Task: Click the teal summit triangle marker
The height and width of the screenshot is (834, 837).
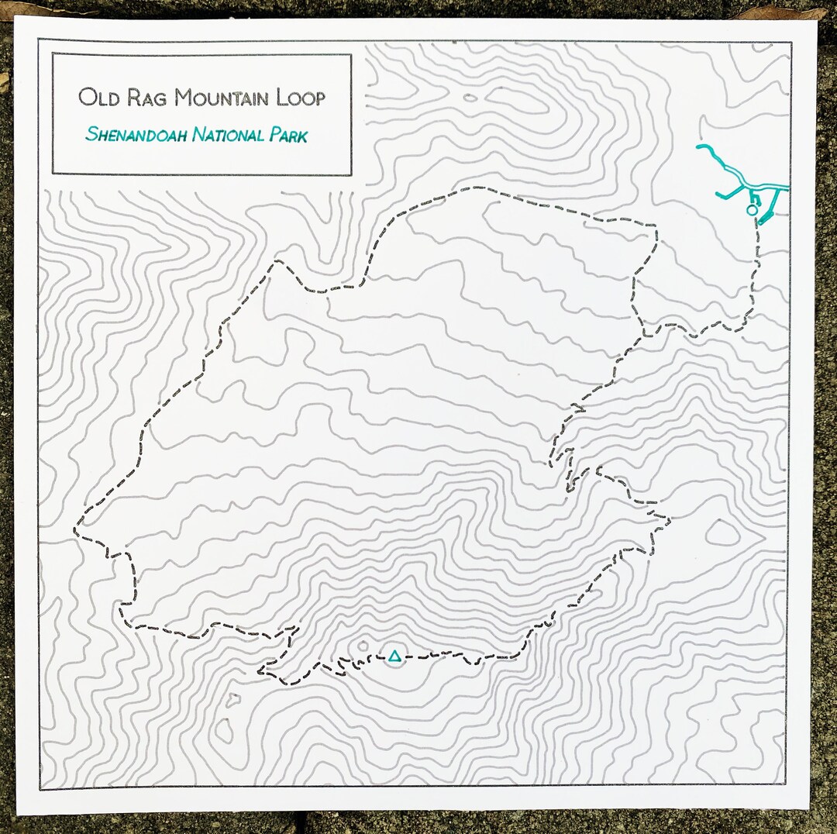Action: tap(394, 657)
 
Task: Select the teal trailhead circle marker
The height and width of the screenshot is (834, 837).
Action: tap(750, 209)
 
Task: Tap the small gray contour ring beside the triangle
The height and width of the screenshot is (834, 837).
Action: tap(363, 646)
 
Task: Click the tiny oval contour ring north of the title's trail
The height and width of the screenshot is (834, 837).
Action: tap(470, 98)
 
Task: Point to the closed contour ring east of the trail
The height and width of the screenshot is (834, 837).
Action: tap(722, 532)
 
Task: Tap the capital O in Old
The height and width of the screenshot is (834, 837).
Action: tap(86, 98)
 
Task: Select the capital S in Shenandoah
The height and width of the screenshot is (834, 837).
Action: tap(91, 135)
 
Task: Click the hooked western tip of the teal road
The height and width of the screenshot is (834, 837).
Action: tap(700, 146)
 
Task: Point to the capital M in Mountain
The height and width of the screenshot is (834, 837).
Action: tap(183, 98)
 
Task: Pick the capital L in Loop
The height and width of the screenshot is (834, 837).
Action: tap(280, 98)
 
